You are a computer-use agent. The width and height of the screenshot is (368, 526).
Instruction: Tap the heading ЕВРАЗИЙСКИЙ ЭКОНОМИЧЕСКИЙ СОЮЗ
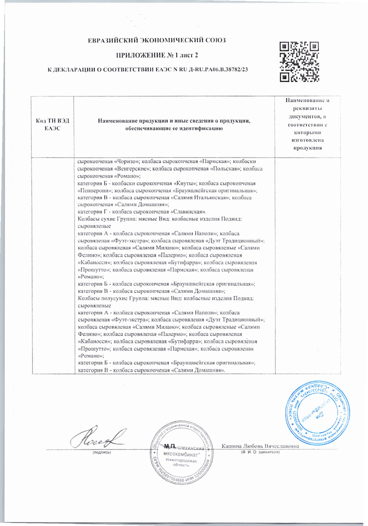157,40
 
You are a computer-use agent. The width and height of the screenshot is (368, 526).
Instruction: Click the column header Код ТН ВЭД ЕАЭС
52,125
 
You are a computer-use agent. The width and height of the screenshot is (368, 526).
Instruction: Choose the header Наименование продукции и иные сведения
174,125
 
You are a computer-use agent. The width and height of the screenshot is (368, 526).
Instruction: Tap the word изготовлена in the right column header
307,140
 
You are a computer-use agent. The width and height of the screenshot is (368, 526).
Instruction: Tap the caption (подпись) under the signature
101,452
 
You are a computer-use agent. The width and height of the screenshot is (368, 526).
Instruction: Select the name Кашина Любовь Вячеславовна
260,446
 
